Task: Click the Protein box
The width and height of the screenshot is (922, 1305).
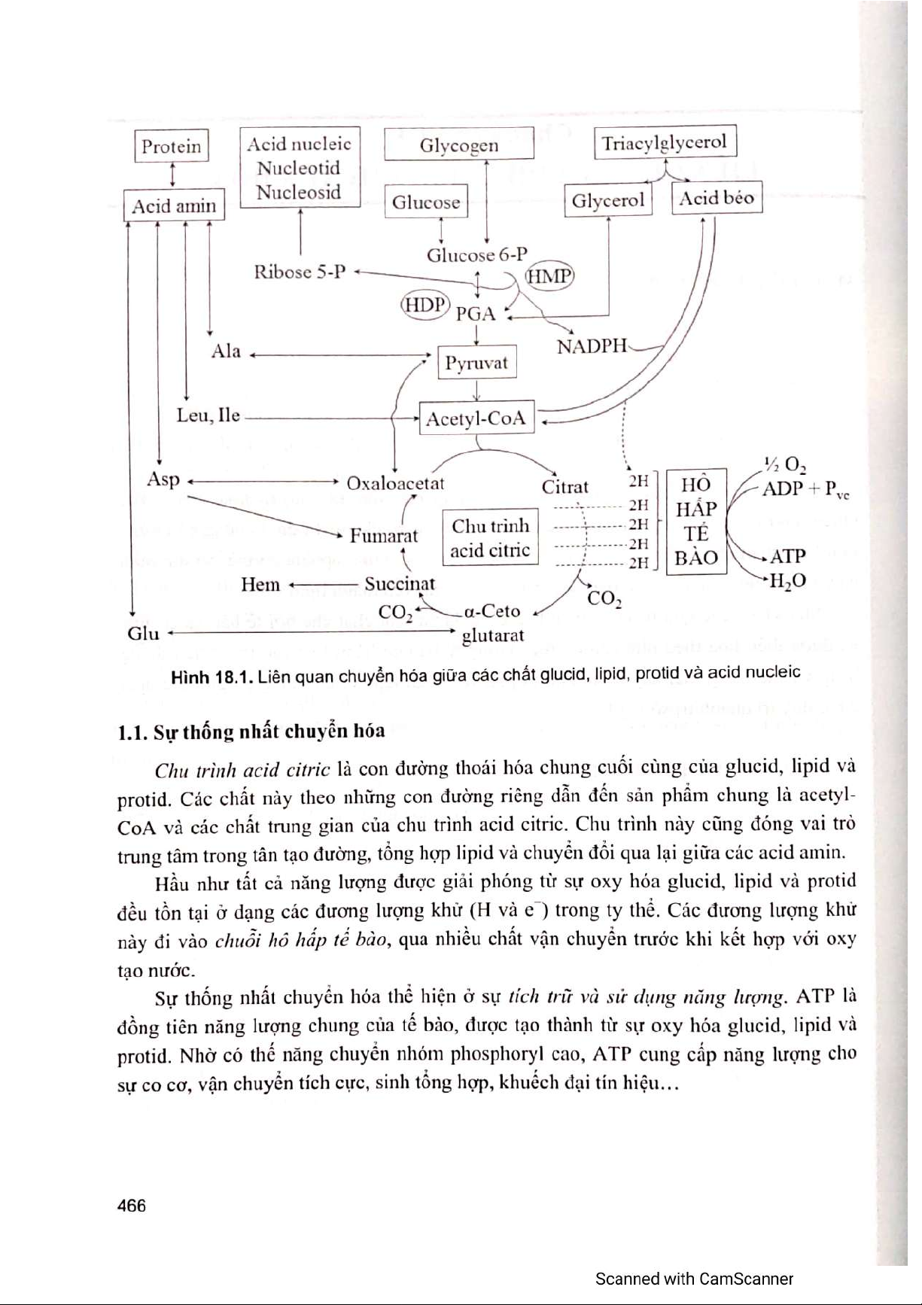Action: [x=172, y=146]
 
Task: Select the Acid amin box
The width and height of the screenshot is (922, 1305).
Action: [x=174, y=205]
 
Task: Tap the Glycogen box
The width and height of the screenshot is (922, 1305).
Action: [x=458, y=144]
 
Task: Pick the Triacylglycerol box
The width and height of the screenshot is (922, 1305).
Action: [x=665, y=142]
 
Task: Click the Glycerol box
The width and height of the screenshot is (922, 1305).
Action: [x=607, y=200]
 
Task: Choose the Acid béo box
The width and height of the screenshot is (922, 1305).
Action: [x=716, y=198]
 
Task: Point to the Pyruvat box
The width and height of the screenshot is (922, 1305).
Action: [x=476, y=364]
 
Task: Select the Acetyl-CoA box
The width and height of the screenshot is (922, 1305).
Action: [x=476, y=418]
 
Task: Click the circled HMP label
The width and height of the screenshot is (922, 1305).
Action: [x=549, y=275]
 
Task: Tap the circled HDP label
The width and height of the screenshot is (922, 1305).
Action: [x=424, y=305]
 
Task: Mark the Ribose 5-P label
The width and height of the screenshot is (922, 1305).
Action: [x=300, y=272]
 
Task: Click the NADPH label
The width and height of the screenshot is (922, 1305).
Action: [x=592, y=346]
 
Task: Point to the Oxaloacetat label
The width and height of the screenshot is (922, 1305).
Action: [x=395, y=483]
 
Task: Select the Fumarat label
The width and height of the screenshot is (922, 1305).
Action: [x=383, y=536]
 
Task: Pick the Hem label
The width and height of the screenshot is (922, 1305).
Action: [x=260, y=584]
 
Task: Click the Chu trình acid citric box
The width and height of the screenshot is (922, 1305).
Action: [x=490, y=538]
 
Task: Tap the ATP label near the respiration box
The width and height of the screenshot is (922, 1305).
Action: [x=787, y=556]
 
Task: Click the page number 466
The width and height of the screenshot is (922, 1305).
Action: [x=132, y=1205]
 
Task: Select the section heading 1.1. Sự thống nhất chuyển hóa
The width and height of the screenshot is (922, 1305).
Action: [x=251, y=732]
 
